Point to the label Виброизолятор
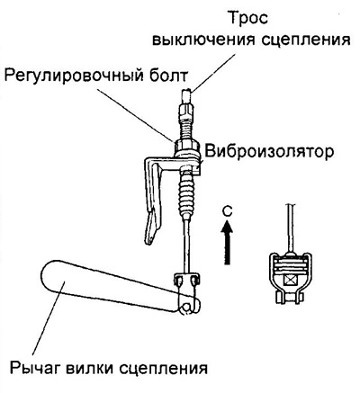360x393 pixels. (x=269, y=152)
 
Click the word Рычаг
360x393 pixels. (x=35, y=367)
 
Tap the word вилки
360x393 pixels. (x=92, y=367)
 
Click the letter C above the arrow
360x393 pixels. (x=228, y=211)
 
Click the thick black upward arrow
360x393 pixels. (x=228, y=242)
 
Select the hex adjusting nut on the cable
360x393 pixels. (x=185, y=146)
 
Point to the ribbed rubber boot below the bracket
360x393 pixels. (x=187, y=197)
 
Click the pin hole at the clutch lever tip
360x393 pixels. (x=187, y=307)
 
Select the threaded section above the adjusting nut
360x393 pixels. (x=186, y=127)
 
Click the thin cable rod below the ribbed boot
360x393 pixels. (x=186, y=246)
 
